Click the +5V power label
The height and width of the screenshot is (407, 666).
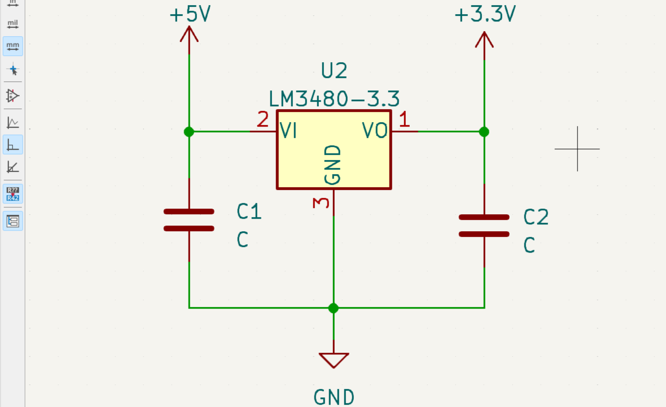pyautogui.click(x=190, y=15)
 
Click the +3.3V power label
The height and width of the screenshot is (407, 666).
pyautogui.click(x=485, y=15)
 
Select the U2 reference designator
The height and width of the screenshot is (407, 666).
pyautogui.click(x=334, y=71)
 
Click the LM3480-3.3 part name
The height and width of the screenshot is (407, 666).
pyautogui.click(x=334, y=99)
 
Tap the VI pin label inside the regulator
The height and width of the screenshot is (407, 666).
pyautogui.click(x=288, y=131)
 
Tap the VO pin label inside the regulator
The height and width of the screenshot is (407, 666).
pyautogui.click(x=375, y=131)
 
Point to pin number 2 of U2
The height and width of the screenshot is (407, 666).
pyautogui.click(x=262, y=120)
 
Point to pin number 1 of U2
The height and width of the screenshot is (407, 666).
pyautogui.click(x=404, y=120)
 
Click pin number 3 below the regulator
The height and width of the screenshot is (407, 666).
pyautogui.click(x=321, y=202)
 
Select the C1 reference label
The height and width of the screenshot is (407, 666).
pyautogui.click(x=249, y=211)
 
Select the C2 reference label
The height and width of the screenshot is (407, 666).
pyautogui.click(x=536, y=217)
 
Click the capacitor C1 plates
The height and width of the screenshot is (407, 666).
pyautogui.click(x=189, y=220)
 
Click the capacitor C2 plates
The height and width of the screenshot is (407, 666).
pyautogui.click(x=484, y=226)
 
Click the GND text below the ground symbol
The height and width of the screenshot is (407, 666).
pyautogui.click(x=334, y=397)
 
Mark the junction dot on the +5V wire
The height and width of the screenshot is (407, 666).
pyautogui.click(x=189, y=132)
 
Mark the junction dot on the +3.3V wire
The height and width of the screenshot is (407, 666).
pyautogui.click(x=484, y=132)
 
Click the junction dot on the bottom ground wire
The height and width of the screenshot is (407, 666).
pyautogui.click(x=334, y=308)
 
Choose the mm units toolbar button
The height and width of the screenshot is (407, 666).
pyautogui.click(x=13, y=46)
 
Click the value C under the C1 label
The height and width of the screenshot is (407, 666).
pyautogui.click(x=243, y=240)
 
